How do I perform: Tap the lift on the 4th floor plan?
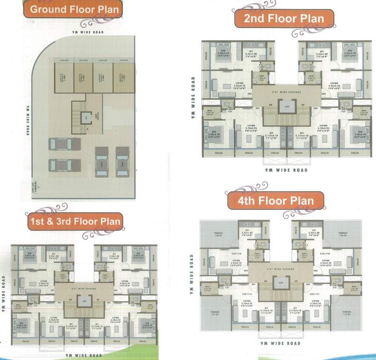coord(281,283)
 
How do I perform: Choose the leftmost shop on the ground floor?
coord(64,77)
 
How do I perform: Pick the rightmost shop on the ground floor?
coord(123,77)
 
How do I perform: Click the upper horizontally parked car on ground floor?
coord(59,144)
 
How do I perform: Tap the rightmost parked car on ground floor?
coord(123,161)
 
